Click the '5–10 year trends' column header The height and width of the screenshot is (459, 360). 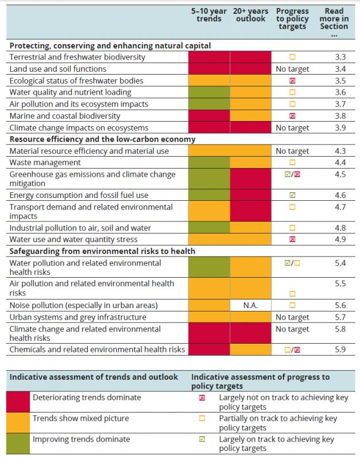(210, 15)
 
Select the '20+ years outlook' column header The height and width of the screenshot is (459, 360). (250, 15)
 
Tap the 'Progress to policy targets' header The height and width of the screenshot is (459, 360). (292, 19)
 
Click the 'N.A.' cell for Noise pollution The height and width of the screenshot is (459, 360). (250, 306)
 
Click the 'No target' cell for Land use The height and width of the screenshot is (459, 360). (292, 69)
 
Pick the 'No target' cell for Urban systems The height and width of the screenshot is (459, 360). (292, 317)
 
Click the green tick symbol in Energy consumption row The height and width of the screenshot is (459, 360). (292, 195)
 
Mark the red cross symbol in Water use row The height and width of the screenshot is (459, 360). (292, 239)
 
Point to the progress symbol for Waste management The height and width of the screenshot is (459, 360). (292, 163)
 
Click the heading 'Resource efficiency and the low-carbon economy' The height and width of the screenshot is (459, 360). (103, 139)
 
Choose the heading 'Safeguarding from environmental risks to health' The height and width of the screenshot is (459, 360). (102, 250)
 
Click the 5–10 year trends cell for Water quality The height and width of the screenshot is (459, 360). (210, 92)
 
